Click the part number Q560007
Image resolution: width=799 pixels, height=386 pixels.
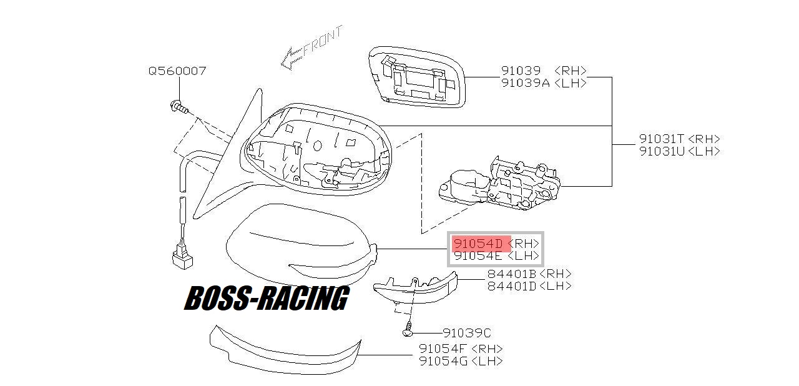coord(177,71)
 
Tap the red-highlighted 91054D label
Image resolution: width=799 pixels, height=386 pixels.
coord(478,244)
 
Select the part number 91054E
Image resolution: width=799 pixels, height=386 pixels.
coord(478,256)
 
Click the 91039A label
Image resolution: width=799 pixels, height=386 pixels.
coord(526,83)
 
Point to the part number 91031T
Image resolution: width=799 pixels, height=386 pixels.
coord(662,139)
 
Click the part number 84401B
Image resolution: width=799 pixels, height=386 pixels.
coord(512,274)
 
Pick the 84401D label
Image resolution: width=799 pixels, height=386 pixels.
coord(512,286)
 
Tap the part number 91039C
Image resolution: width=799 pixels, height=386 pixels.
coord(467,333)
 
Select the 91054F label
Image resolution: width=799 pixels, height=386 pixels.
coord(443,349)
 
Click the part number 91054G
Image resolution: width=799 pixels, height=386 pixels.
coord(443,360)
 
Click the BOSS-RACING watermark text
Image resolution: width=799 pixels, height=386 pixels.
coord(267,298)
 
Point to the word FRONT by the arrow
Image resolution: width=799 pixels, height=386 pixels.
coord(323,42)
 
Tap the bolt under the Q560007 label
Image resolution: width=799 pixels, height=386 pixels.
coord(179,107)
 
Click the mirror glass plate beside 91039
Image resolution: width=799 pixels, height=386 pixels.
coord(417,77)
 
